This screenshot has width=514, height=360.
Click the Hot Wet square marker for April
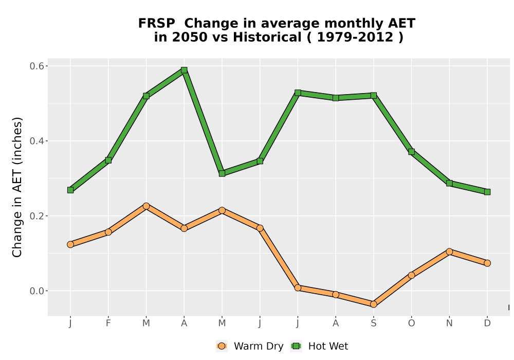click(184, 70)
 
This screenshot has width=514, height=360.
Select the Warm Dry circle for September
click(373, 304)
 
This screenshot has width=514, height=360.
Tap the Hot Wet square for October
click(411, 152)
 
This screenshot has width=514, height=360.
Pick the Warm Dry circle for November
click(449, 252)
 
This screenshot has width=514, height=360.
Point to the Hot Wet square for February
click(108, 160)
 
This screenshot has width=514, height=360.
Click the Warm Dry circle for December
click(487, 263)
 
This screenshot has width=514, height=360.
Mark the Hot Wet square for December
click(487, 192)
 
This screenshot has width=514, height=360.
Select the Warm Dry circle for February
click(108, 232)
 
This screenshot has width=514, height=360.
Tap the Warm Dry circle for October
click(411, 276)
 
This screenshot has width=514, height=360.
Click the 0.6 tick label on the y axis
click(36, 66)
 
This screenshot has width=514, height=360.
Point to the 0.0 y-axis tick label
click(36, 291)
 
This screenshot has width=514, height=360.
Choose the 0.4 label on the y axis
click(36, 141)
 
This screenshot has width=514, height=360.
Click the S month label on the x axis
click(373, 323)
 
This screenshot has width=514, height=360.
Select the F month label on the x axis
click(108, 323)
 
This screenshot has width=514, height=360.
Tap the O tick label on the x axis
click(411, 323)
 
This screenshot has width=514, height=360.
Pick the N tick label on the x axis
click(449, 323)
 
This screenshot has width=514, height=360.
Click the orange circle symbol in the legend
click(222, 346)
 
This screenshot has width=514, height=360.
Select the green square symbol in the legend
click(296, 346)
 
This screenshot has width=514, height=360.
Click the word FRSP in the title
click(157, 24)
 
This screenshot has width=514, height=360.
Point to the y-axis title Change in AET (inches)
click(17, 187)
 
